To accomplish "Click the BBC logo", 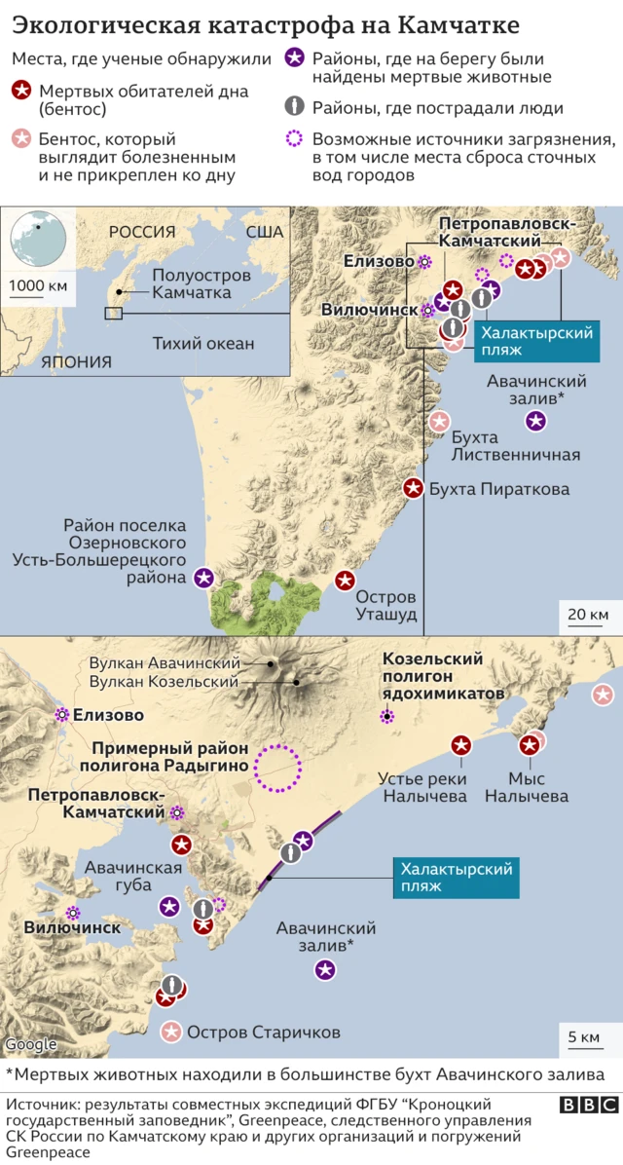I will [x=589, y=1105].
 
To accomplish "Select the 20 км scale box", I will [x=587, y=615].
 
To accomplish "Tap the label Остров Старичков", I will [x=263, y=1033].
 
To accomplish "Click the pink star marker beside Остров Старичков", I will [x=172, y=1032].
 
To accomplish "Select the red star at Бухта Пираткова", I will [x=413, y=488].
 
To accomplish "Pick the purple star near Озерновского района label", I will [x=203, y=578].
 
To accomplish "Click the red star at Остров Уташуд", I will [x=345, y=582].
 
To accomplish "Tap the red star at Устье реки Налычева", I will [x=461, y=745].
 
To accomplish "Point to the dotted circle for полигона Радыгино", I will [x=278, y=767].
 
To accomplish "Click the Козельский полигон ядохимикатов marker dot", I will [x=387, y=717].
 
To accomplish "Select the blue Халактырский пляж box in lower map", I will [x=455, y=877].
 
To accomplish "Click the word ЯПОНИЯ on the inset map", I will [x=76, y=361].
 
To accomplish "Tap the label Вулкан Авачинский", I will [x=165, y=662].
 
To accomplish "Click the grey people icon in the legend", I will [x=296, y=107].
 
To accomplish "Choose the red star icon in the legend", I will [x=21, y=92].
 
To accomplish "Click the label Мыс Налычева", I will [x=538, y=787].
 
